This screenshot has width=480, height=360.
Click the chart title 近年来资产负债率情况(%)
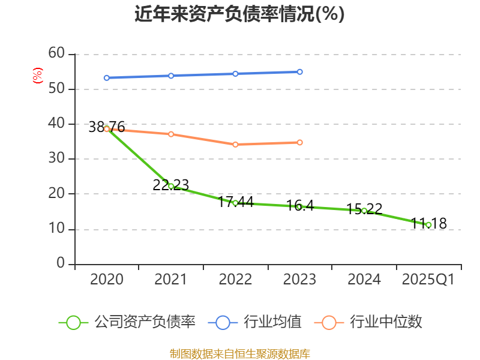pos(239,14)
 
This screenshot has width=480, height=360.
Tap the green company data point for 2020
pos(107,128)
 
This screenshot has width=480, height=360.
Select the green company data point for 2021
pos(171,186)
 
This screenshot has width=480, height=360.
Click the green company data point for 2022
pos(235,203)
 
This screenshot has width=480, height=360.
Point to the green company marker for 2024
pos(364,211)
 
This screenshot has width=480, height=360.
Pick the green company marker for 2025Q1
pos(428,225)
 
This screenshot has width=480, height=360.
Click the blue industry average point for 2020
pos(107,77)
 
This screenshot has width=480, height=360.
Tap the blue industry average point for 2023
pos(300,71)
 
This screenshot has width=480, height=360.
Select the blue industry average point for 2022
pos(235,74)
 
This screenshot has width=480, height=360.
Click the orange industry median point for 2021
pos(171,134)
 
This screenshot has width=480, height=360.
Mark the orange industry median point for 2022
pos(235,144)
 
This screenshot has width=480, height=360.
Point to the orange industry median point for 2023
pos(300,142)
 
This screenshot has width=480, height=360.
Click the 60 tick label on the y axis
pos(56,53)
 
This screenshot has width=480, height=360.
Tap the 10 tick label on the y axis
pos(56,229)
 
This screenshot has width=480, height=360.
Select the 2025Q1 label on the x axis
pos(428,280)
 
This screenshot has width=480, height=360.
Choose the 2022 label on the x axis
pos(235,280)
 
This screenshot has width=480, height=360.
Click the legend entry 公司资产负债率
pos(127,322)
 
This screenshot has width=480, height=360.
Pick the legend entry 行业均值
pos(256,322)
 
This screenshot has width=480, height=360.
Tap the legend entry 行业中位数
pos(368,322)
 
